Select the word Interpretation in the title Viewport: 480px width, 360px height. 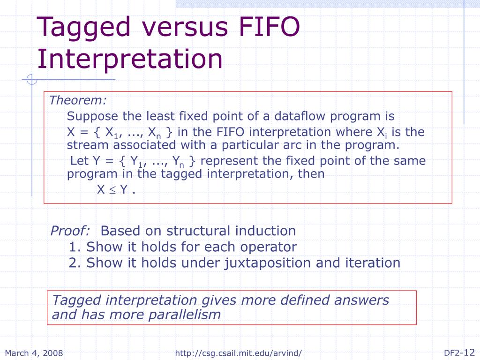[130, 60]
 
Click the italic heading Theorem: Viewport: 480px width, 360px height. [78, 100]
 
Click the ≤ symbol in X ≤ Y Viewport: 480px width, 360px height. [113, 190]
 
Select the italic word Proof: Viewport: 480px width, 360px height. [70, 231]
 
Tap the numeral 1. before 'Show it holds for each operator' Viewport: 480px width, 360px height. [75, 247]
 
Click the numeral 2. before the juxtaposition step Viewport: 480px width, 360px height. [75, 263]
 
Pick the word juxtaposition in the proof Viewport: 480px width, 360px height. [268, 264]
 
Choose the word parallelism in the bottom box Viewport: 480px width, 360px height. [185, 315]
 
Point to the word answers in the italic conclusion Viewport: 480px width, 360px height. [361, 300]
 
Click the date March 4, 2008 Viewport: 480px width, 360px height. [34, 353]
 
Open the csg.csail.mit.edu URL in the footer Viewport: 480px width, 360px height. [239, 353]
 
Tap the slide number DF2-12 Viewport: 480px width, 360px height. [459, 352]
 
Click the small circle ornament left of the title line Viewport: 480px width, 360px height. [32, 80]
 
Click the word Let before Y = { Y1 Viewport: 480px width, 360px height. [79, 161]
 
